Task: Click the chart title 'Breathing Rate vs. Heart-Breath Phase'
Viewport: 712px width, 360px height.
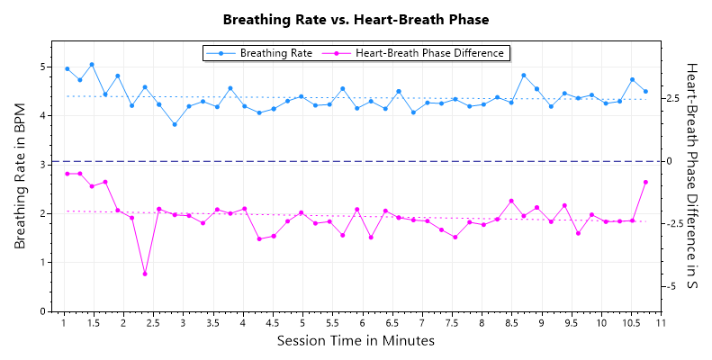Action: (356, 19)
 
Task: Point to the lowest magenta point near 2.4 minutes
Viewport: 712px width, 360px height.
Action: (145, 274)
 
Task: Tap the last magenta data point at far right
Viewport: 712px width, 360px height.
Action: (645, 182)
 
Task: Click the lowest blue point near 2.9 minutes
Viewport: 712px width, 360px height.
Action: (175, 124)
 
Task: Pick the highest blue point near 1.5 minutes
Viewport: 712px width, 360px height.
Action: (92, 65)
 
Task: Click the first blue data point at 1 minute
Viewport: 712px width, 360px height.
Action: (68, 68)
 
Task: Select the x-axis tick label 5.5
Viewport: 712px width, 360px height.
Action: (332, 323)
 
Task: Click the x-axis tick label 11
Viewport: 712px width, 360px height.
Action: (661, 323)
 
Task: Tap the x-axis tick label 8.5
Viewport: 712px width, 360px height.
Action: (511, 323)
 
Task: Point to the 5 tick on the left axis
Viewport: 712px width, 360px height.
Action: (41, 67)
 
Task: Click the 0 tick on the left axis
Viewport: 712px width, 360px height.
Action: (41, 311)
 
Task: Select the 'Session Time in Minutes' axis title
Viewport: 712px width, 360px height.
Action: (356, 341)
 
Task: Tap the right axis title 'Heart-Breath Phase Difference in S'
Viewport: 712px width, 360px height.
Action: (692, 176)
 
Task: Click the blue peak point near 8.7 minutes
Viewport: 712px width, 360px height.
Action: (524, 76)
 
